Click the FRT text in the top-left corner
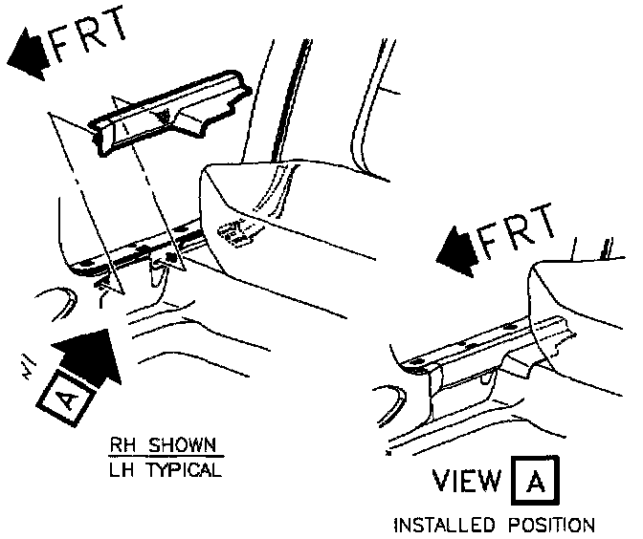click(88, 39)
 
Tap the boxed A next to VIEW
click(537, 480)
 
